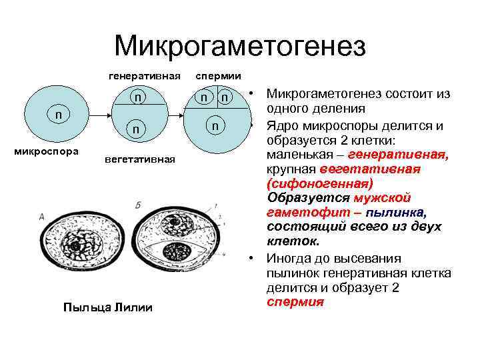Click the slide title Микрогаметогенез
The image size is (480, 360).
240,46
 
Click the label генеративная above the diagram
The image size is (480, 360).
145,76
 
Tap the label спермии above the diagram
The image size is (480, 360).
218,76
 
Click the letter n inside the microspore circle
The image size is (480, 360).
59,114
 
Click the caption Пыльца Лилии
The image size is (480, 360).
107,307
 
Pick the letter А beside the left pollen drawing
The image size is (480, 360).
41,216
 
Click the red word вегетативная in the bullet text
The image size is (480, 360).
369,169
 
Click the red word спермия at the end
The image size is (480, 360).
295,301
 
